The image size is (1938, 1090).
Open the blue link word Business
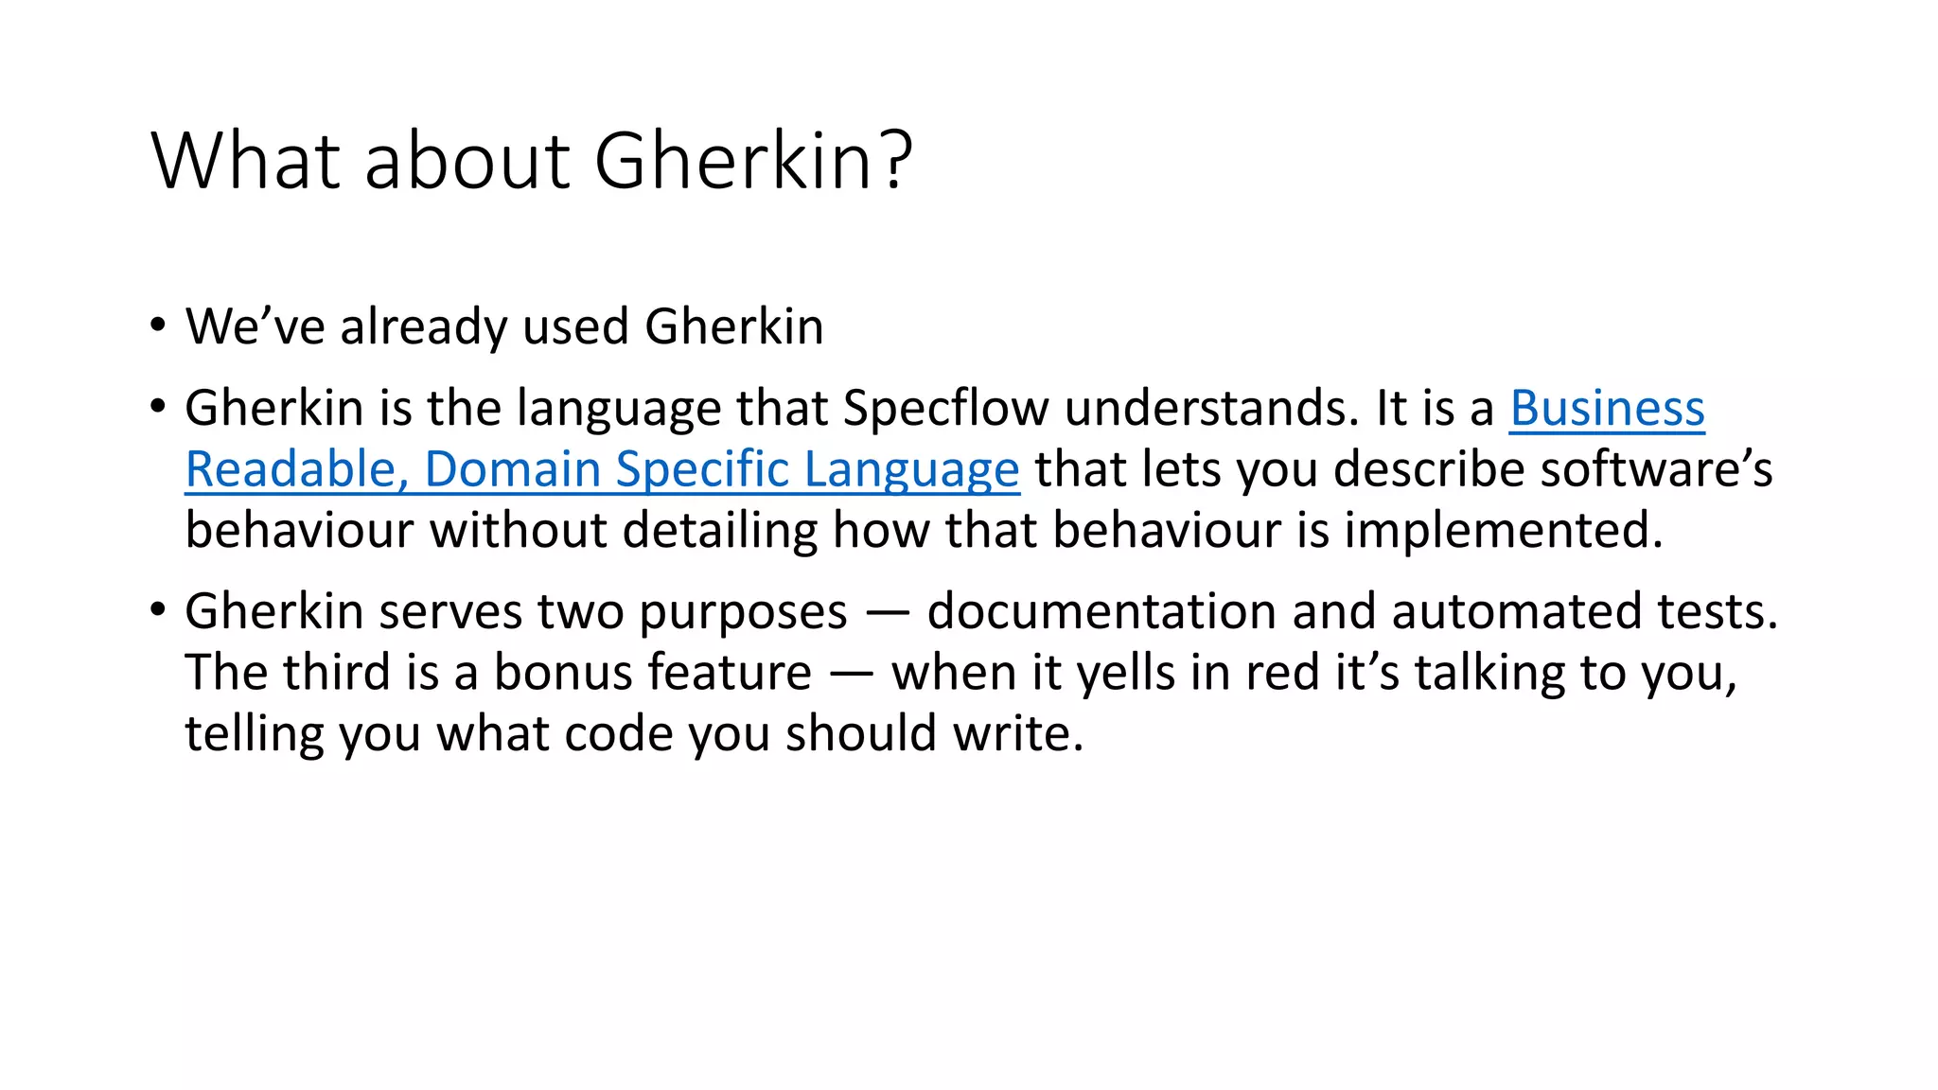pyautogui.click(x=1607, y=409)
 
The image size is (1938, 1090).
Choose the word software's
pyautogui.click(x=1656, y=469)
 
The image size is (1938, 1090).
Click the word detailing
pyautogui.click(x=719, y=530)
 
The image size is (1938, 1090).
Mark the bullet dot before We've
pyautogui.click(x=158, y=326)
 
